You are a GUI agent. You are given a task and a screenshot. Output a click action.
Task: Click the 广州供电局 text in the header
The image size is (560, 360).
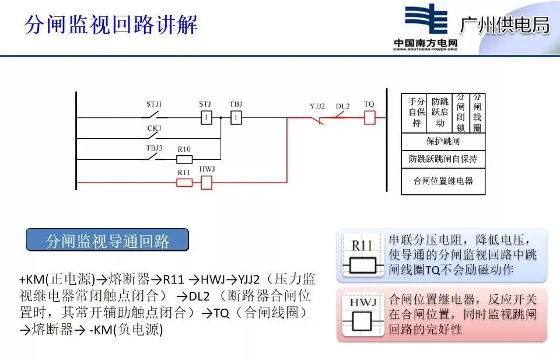[x=505, y=25]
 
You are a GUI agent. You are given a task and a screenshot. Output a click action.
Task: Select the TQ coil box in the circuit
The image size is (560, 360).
[x=369, y=117]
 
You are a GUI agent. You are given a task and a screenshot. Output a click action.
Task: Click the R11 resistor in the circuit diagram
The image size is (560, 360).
[x=184, y=183]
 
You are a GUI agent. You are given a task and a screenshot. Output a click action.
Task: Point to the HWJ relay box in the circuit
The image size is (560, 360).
[x=206, y=183]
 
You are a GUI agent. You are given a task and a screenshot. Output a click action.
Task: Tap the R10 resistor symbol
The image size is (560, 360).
[x=184, y=159]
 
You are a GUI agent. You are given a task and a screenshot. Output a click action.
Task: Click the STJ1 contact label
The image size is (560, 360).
[x=154, y=104]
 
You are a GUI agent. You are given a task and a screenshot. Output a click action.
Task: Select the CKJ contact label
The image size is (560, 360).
[x=154, y=128]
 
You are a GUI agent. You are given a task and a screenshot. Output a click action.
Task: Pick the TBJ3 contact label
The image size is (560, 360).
[x=155, y=148]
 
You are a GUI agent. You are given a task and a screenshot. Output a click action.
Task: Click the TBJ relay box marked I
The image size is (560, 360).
[x=236, y=118]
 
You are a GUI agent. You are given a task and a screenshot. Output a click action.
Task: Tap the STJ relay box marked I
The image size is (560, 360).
[x=205, y=118]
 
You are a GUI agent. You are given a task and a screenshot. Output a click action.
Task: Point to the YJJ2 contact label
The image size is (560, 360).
[x=317, y=106]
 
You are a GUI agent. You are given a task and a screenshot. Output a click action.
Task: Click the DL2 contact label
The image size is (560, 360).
[x=342, y=106]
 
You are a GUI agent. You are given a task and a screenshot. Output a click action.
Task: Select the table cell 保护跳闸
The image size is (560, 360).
[x=444, y=142]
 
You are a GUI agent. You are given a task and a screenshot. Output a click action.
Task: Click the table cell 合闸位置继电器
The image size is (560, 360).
[x=444, y=181]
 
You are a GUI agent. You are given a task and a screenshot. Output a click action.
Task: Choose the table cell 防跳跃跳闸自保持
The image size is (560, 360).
[x=444, y=159]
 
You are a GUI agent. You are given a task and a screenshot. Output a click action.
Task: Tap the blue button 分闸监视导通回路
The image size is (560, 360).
[x=107, y=241]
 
